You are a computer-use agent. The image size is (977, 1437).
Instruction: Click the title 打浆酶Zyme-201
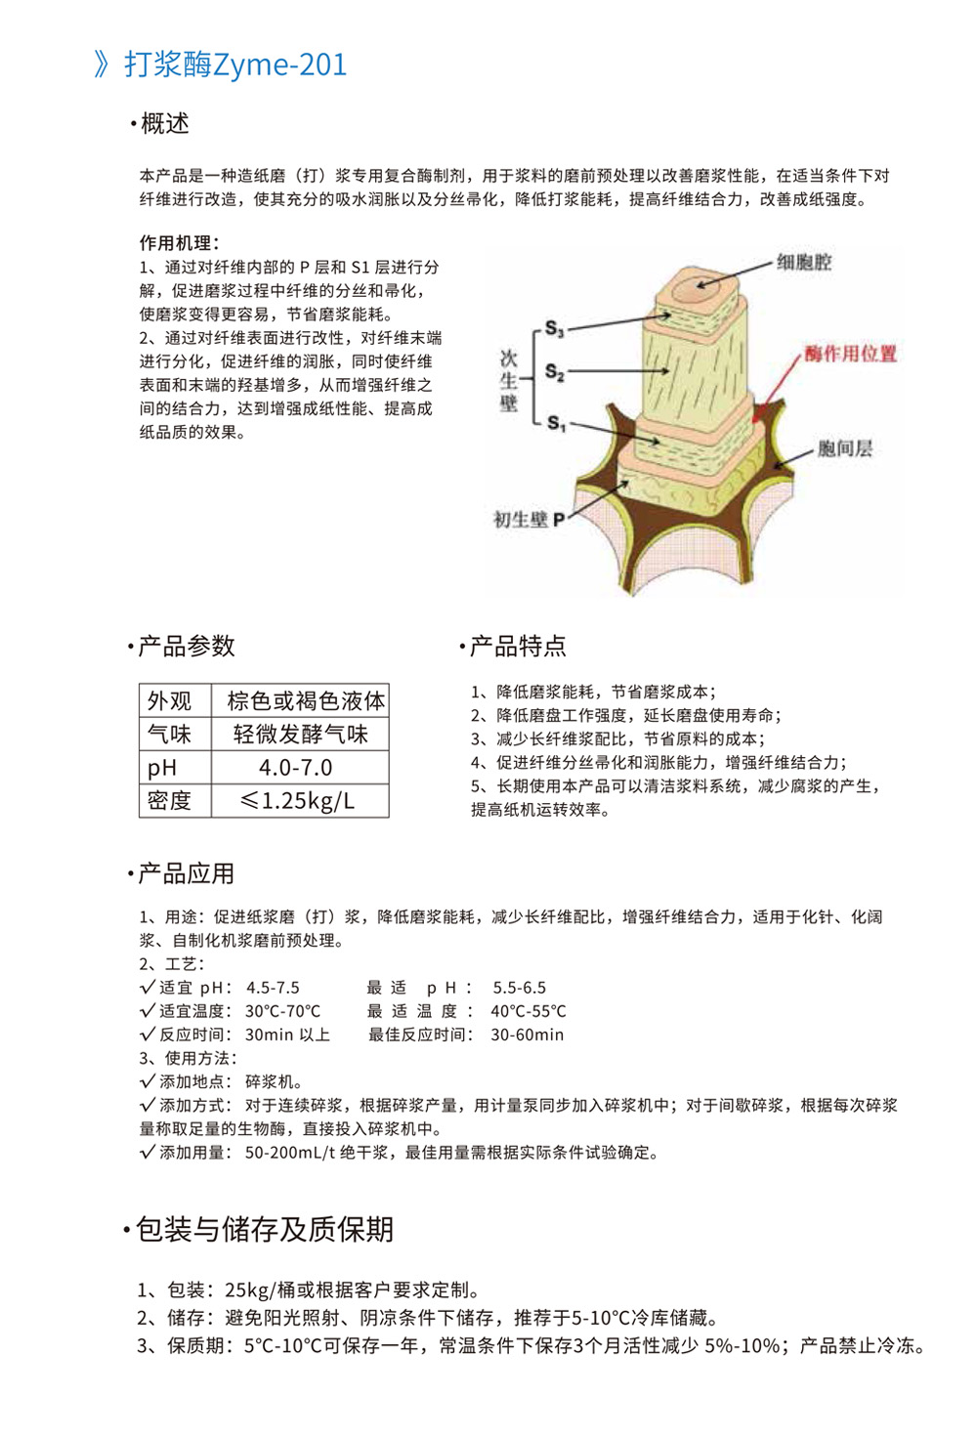coord(234,64)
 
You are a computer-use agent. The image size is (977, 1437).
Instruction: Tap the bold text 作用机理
coord(178,243)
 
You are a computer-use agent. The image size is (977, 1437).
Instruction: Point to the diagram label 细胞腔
coord(804,262)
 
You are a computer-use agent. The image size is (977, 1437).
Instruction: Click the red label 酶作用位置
coord(850,354)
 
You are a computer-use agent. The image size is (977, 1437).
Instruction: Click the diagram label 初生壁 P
coord(529,520)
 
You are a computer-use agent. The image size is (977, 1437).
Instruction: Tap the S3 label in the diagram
coord(554,329)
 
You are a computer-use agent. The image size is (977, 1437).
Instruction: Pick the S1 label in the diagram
coord(555,423)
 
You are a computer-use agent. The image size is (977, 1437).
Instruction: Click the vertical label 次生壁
coord(508,381)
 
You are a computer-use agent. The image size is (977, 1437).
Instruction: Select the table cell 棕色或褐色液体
coord(306,701)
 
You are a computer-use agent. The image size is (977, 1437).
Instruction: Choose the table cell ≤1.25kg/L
coord(297,801)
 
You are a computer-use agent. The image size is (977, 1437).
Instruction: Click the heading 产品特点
coord(518,647)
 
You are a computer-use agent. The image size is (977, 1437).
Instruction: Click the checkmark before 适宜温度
coord(148,1011)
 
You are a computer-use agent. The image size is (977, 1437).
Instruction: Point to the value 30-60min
coord(527,1035)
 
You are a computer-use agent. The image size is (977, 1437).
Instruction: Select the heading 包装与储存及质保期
coord(264,1230)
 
